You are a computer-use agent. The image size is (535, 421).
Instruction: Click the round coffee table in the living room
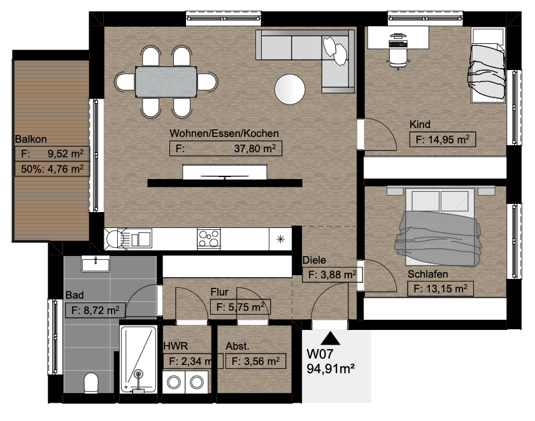[290, 89]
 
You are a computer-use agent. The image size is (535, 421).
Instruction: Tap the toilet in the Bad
[91, 382]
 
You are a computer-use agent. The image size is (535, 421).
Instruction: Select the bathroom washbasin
[96, 264]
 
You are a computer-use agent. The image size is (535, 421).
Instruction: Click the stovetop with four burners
[209, 238]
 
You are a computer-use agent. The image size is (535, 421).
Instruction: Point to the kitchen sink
[128, 238]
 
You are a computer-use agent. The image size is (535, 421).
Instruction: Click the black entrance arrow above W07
[331, 338]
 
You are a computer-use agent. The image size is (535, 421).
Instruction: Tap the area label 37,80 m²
[255, 149]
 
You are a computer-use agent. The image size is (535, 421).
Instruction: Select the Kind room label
[420, 125]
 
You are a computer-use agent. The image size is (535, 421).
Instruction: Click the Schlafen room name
[428, 274]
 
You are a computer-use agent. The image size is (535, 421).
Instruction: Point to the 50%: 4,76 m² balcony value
[52, 169]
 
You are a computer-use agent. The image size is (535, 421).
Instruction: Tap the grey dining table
[166, 82]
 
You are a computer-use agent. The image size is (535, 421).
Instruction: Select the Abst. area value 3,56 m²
[256, 361]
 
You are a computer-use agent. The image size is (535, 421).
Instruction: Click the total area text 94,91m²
[331, 369]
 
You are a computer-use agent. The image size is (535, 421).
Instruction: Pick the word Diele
[314, 260]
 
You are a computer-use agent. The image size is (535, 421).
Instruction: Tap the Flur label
[219, 292]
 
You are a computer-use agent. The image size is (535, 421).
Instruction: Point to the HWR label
[175, 346]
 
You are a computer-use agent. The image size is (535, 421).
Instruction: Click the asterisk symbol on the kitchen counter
[280, 239]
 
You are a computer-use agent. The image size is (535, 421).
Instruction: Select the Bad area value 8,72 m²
[96, 310]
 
